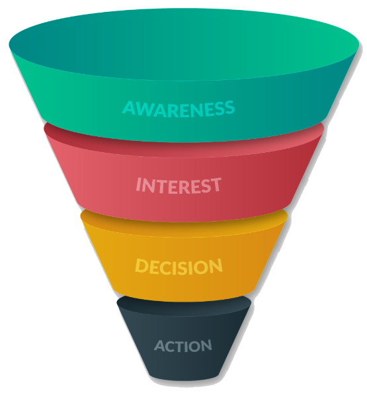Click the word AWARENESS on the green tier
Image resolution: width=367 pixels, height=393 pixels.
(179, 109)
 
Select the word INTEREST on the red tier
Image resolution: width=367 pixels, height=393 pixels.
(179, 185)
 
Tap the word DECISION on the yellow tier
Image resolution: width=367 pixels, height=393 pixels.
(179, 266)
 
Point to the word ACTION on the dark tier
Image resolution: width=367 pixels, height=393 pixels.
(183, 346)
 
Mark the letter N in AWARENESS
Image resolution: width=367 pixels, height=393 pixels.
(196, 110)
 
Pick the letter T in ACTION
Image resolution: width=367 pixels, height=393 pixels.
(180, 346)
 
